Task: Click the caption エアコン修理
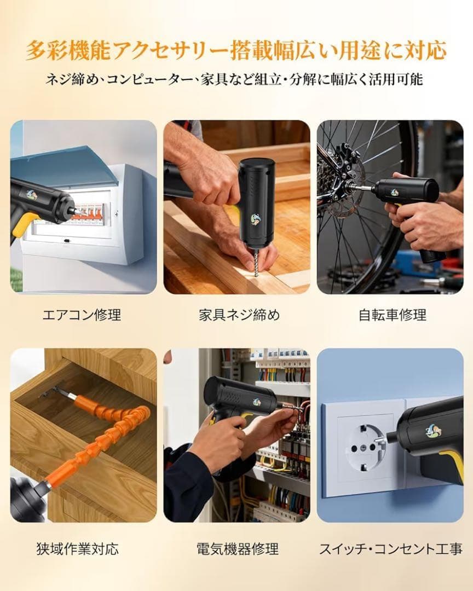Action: [82, 314]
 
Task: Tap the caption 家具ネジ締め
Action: [240, 314]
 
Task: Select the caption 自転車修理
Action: [393, 314]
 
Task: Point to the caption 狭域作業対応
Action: [77, 548]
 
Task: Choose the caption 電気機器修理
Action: [238, 548]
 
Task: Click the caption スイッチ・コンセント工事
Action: [391, 548]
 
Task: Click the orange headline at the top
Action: [236, 50]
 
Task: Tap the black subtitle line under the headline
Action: [234, 79]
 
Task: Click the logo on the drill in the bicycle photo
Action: [395, 193]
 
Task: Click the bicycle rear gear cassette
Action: [327, 177]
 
